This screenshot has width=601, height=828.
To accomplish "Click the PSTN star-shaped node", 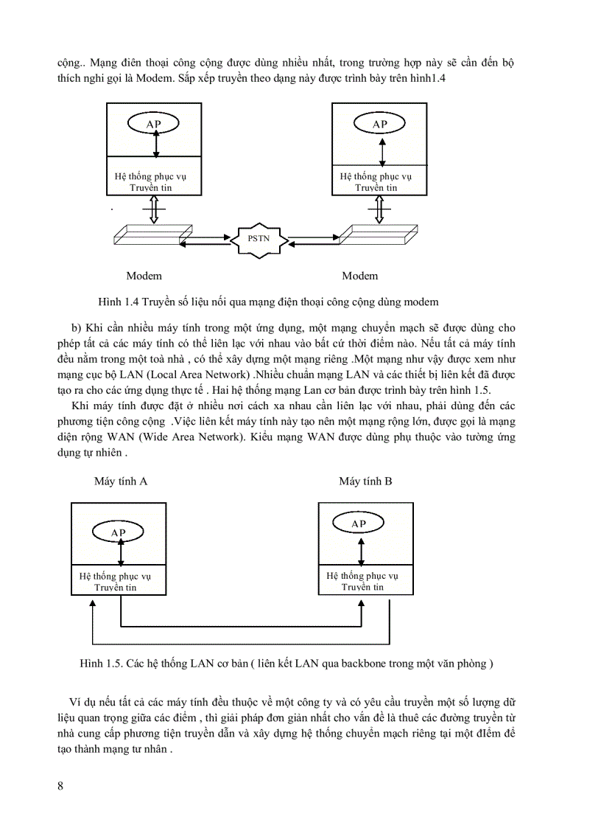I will (258, 238).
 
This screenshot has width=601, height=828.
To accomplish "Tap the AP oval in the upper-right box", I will (379, 123).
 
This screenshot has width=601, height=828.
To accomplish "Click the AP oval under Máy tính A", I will (118, 532).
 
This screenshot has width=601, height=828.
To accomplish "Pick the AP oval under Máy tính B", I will (359, 523).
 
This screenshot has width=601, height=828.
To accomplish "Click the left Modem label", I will (144, 276).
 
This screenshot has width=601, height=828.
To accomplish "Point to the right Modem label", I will (360, 276).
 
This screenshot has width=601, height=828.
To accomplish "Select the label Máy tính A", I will (121, 481).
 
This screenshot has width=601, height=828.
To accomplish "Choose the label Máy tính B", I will (365, 481).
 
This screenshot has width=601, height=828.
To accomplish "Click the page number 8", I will (60, 785).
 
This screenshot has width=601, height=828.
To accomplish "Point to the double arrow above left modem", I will (154, 209).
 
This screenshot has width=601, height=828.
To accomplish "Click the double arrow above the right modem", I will (379, 209).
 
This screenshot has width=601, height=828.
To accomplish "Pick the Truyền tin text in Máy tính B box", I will (362, 587).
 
